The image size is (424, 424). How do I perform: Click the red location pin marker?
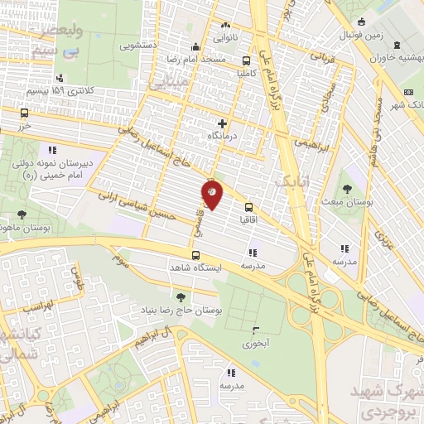point(211,194)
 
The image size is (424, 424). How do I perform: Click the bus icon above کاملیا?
point(246,60)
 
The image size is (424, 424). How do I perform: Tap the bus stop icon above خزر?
point(24,113)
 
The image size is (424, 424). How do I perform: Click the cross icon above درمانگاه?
point(221,123)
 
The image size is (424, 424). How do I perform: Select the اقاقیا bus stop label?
point(248,222)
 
